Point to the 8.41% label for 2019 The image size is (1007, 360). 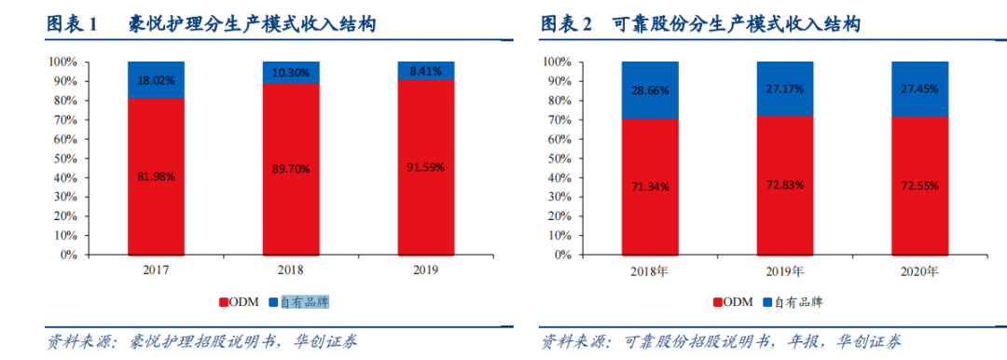point(425,69)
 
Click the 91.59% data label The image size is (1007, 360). point(425,168)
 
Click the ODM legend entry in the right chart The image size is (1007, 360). point(731,302)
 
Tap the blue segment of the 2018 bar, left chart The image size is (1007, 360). point(290,72)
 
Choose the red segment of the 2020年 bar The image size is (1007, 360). point(919,187)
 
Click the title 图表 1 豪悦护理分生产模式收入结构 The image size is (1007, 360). point(212,24)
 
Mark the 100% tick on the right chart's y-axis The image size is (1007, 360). point(558,62)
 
